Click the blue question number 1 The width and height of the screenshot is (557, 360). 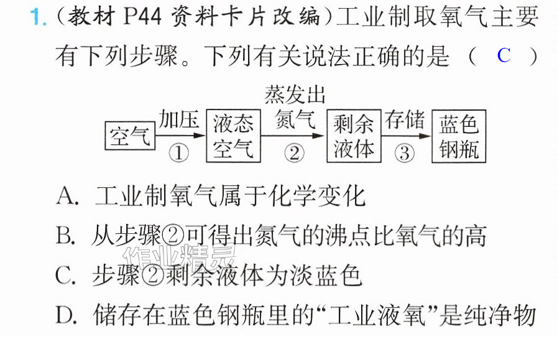point(37,17)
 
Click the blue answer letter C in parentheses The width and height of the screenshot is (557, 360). point(504,55)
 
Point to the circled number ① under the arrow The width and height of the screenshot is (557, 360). point(178,153)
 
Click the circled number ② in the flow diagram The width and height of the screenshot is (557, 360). point(294,153)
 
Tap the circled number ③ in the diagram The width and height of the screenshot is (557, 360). point(405,153)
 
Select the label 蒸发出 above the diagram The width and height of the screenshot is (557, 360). point(295,95)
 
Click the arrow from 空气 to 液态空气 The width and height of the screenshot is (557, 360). point(180,136)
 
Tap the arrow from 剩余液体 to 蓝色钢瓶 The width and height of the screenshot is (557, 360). point(407,136)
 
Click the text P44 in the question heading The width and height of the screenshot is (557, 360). point(142,16)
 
